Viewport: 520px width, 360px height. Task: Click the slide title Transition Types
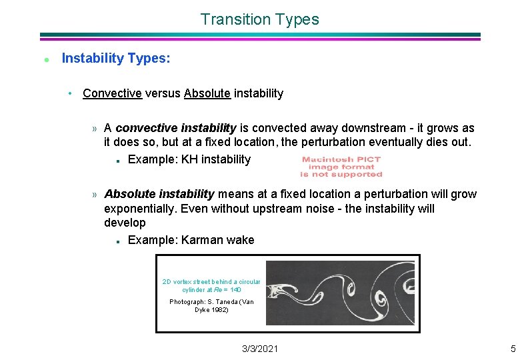pyautogui.click(x=259, y=20)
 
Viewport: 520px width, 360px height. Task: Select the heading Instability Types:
pyautogui.click(x=115, y=59)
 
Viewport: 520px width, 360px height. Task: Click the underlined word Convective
pyautogui.click(x=112, y=93)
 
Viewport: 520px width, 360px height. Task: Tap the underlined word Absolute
pyautogui.click(x=207, y=93)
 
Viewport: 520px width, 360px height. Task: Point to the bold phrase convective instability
pyautogui.click(x=176, y=128)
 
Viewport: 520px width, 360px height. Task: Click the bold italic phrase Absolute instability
pyautogui.click(x=159, y=194)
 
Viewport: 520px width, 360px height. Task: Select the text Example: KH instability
pyautogui.click(x=189, y=159)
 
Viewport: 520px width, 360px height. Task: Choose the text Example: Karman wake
pyautogui.click(x=191, y=240)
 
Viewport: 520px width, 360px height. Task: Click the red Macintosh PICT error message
pyautogui.click(x=341, y=167)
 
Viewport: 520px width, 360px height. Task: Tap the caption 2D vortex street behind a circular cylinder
pyautogui.click(x=211, y=285)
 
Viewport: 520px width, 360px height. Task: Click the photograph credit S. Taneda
pyautogui.click(x=211, y=306)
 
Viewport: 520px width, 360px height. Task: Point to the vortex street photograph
pyautogui.click(x=340, y=293)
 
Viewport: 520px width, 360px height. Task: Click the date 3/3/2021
pyautogui.click(x=260, y=349)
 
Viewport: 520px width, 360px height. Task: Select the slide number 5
pyautogui.click(x=513, y=349)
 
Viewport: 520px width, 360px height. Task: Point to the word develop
pyautogui.click(x=125, y=223)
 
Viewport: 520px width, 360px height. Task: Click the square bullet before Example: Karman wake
pyautogui.click(x=117, y=241)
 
